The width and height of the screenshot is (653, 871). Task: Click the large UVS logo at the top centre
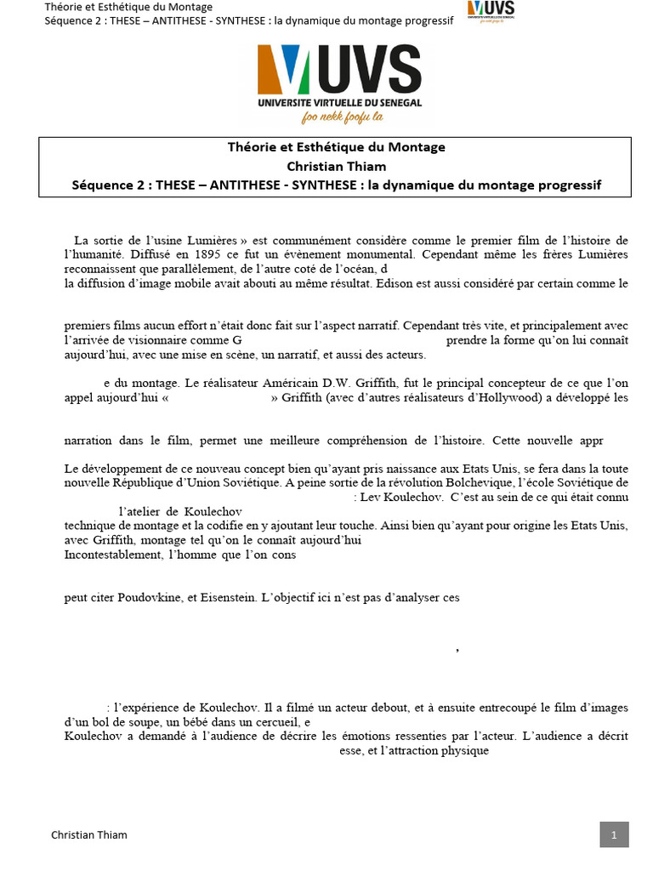point(340,77)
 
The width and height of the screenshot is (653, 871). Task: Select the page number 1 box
point(613,834)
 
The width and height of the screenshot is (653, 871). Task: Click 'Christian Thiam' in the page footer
point(89,834)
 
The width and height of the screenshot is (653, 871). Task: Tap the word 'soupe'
point(137,721)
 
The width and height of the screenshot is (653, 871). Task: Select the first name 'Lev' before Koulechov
point(372,496)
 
